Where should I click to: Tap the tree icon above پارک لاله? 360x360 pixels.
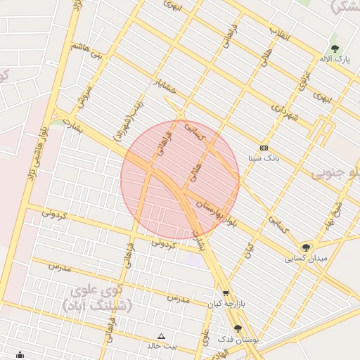point(335,49)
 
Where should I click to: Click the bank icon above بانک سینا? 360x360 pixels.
point(264,148)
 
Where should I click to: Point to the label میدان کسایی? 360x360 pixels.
point(306,258)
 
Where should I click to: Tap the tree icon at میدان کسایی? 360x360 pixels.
point(305,247)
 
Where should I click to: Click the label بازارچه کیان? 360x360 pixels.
point(224,304)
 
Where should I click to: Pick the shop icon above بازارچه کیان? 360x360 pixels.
point(226,294)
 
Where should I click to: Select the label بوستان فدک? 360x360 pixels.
point(238,340)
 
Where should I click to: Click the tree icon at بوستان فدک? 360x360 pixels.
point(238,328)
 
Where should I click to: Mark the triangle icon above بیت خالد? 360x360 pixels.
point(162,336)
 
